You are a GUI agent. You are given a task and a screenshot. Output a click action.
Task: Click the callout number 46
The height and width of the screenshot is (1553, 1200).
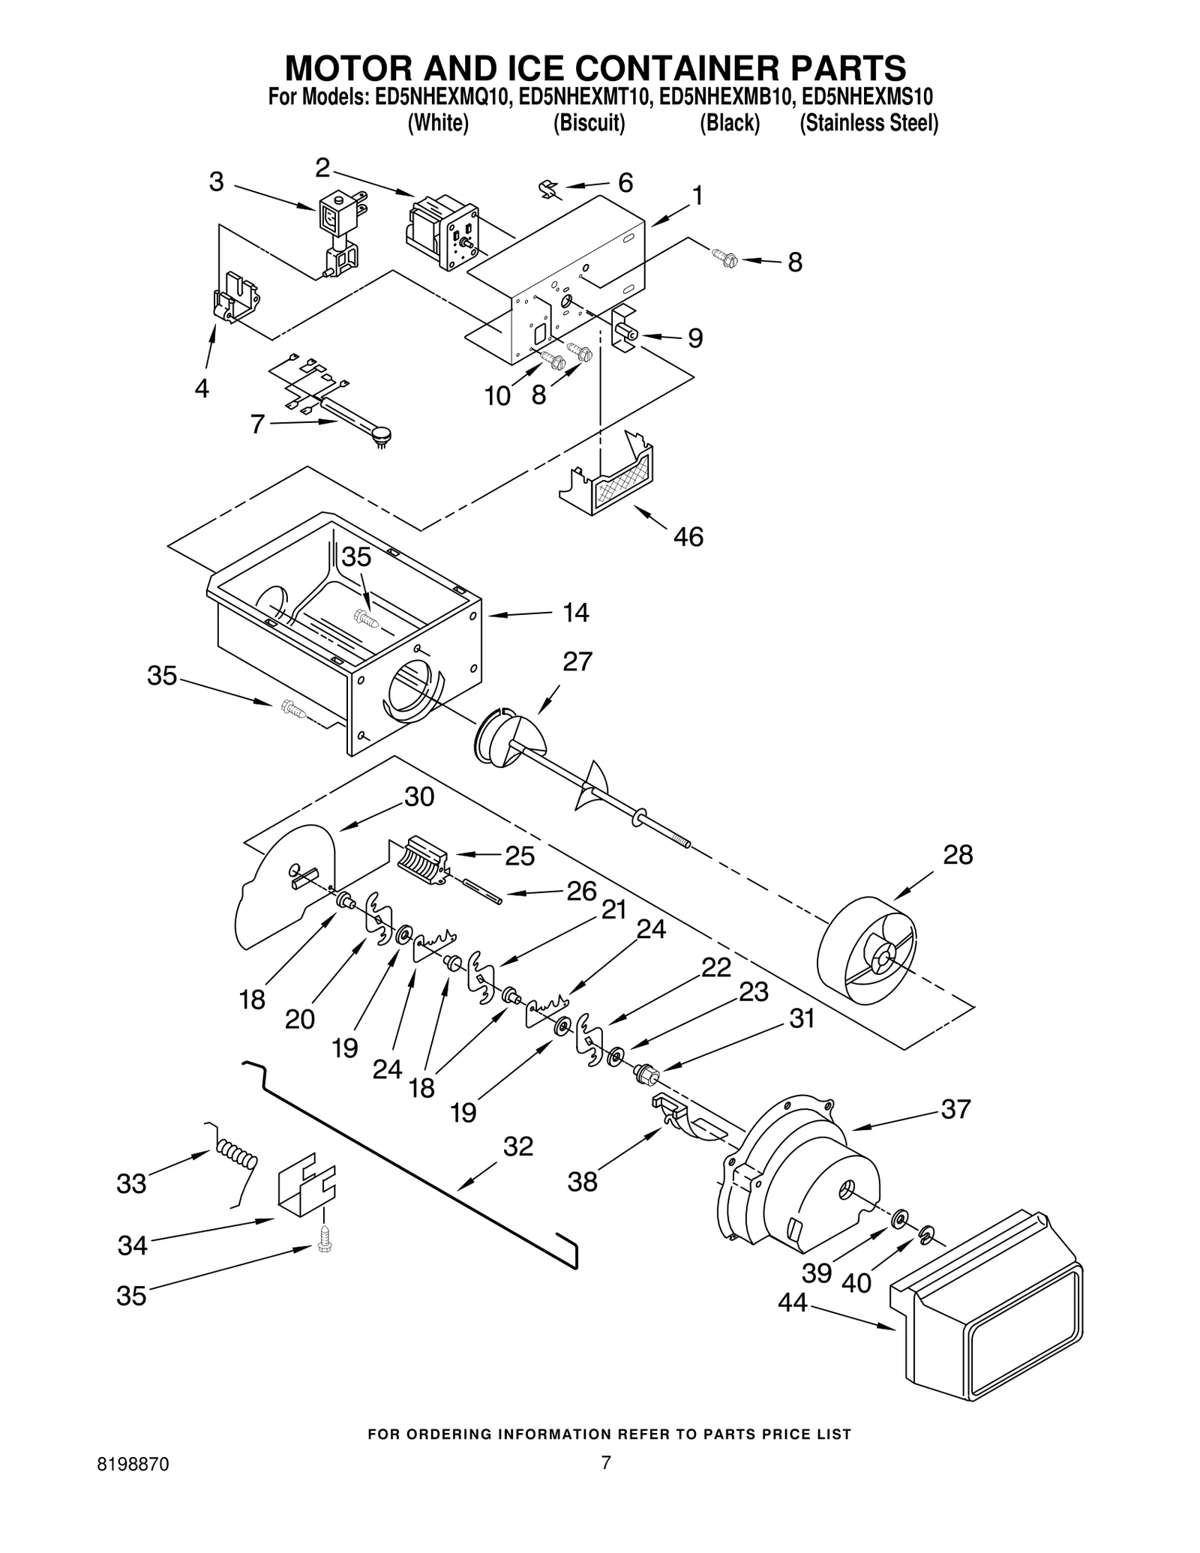688,537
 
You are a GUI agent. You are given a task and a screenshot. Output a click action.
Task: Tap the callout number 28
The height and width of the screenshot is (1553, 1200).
958,855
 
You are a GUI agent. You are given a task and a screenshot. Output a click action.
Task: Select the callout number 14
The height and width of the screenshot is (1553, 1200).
576,613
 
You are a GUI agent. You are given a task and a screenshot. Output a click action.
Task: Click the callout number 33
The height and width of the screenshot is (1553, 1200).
131,1184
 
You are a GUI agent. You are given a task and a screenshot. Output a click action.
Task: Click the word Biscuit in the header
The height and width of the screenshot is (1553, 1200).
589,123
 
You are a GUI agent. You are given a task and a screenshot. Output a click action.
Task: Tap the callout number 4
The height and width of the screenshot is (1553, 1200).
202,388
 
